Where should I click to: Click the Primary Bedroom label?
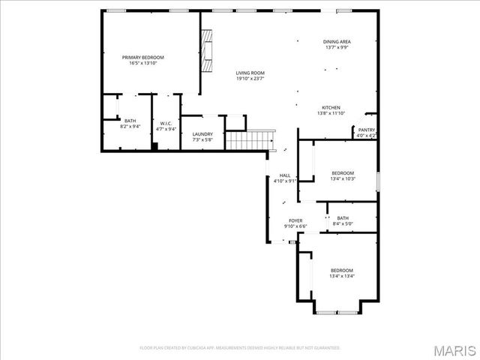[x=143, y=58]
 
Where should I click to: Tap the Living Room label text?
[x=250, y=73]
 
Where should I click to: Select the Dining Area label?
[x=337, y=41]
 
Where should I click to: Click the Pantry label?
[x=366, y=130]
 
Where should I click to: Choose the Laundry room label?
[x=202, y=134]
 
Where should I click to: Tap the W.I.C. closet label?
[x=166, y=124]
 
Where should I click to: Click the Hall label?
[x=285, y=175]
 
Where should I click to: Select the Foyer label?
[x=295, y=220]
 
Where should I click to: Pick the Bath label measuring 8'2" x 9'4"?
[x=130, y=121]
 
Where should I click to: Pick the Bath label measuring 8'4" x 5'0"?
[x=342, y=218]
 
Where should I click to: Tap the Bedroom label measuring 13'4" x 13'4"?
[x=341, y=270]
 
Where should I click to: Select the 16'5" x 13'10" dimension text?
[x=143, y=64]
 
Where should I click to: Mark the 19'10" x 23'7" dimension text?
[x=250, y=79]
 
